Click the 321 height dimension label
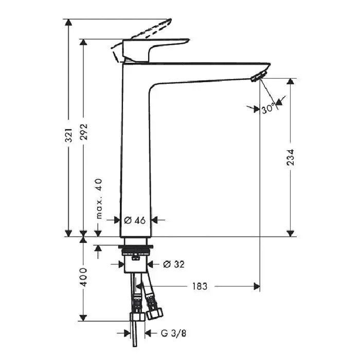tap(68, 135)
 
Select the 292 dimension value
tap(83, 132)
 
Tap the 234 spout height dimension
tap(291, 157)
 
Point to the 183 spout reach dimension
tap(200, 286)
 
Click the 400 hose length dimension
tap(83, 277)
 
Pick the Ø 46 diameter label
tap(135, 221)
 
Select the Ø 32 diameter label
tap(174, 264)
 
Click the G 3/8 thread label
tap(173, 333)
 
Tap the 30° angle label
tap(268, 109)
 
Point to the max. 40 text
tap(99, 199)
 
